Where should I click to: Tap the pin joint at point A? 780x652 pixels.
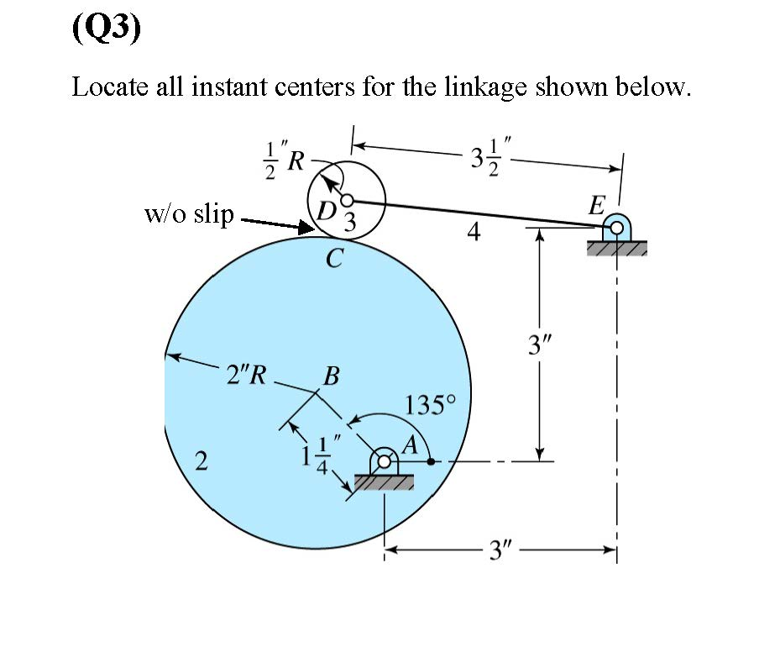[385, 461]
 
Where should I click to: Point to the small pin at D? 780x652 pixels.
[345, 200]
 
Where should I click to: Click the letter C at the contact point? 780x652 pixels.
[333, 260]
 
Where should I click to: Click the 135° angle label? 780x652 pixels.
[429, 406]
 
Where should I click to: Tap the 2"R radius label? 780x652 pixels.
[246, 375]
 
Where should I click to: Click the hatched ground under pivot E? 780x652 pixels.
[617, 248]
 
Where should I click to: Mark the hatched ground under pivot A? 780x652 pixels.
[385, 482]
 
